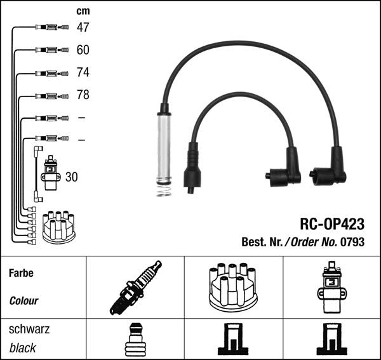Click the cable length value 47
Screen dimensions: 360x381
click(83, 27)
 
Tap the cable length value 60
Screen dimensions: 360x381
click(83, 50)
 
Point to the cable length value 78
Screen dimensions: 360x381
click(83, 95)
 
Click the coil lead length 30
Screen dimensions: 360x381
click(71, 177)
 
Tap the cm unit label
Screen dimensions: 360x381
click(83, 11)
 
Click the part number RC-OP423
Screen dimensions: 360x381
click(331, 224)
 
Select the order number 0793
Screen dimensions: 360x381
click(354, 242)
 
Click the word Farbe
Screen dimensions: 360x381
click(21, 273)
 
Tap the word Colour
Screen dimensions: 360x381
click(24, 301)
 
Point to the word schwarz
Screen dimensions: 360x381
click(29, 330)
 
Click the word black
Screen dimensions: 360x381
click(23, 348)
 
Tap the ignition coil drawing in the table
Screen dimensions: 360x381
click(330, 286)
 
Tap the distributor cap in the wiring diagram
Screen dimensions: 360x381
click(58, 227)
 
